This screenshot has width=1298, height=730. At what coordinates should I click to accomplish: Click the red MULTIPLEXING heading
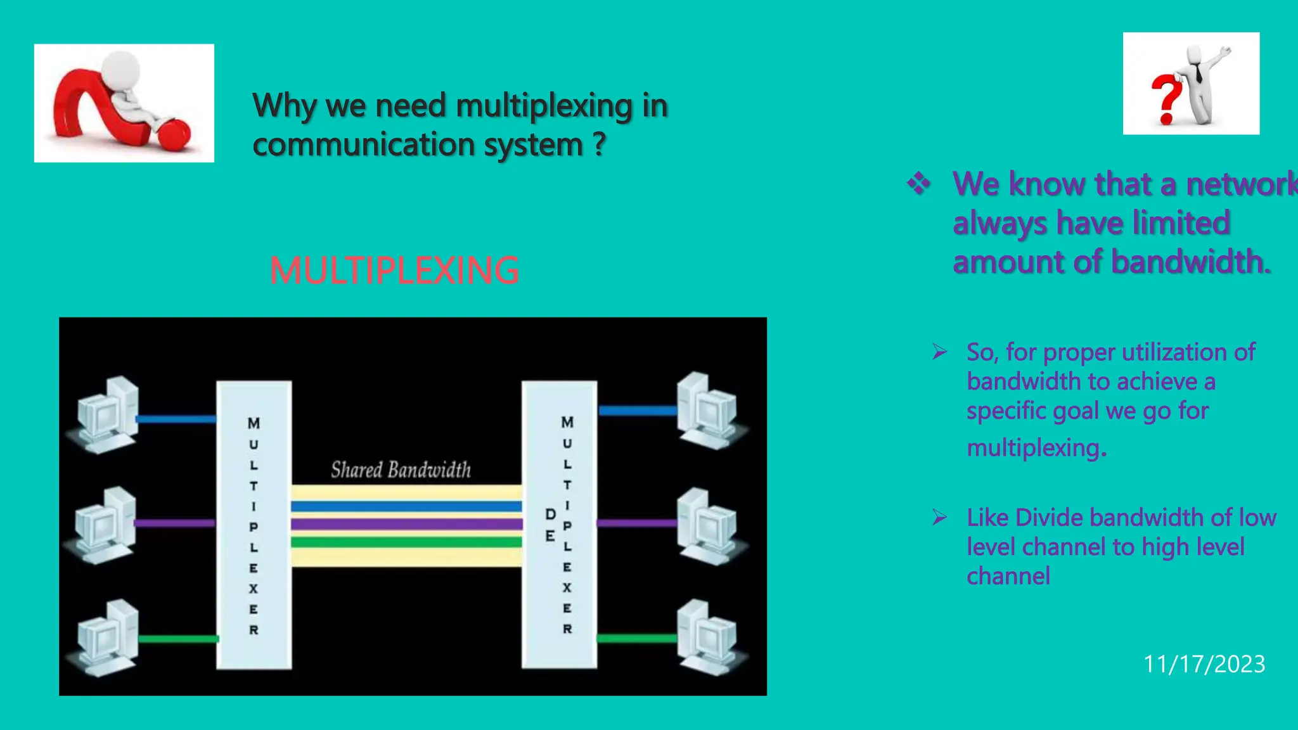(394, 270)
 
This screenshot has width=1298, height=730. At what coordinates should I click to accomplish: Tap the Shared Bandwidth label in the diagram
(401, 470)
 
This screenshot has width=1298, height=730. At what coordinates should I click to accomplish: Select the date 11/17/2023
(1204, 663)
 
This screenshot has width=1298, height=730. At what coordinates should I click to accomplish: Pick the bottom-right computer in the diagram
(709, 636)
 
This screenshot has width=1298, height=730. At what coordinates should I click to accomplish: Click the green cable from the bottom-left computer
(178, 639)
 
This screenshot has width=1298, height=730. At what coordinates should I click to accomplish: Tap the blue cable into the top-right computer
(637, 411)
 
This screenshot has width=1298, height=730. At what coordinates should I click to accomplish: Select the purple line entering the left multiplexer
(175, 523)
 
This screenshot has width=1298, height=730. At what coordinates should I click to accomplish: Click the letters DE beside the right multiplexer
(550, 525)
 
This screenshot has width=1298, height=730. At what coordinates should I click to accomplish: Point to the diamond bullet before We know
(918, 184)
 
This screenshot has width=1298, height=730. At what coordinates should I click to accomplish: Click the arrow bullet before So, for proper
(939, 352)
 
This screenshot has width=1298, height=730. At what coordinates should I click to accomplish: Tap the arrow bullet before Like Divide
(939, 517)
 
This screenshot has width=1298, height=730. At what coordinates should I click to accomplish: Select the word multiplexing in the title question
(544, 106)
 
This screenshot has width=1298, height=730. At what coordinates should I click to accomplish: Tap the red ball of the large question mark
(173, 134)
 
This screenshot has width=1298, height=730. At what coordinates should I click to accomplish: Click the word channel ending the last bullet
(1008, 576)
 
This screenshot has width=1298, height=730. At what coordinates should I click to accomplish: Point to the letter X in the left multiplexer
(254, 588)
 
